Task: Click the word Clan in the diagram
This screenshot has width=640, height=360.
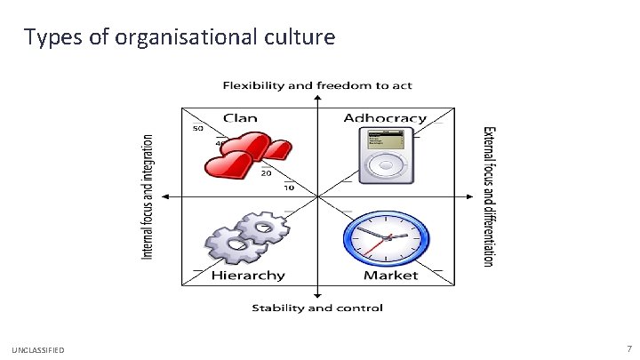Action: point(240,117)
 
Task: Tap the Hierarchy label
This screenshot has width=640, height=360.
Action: point(248,276)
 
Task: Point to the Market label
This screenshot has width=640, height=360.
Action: point(390,276)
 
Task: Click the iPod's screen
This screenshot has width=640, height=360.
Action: point(384,139)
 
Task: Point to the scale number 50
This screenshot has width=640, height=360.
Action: point(196,127)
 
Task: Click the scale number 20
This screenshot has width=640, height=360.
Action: point(266,173)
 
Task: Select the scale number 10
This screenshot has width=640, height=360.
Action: point(289,188)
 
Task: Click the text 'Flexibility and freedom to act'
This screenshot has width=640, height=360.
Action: point(317,86)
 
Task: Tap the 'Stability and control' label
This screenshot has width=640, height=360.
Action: point(317,308)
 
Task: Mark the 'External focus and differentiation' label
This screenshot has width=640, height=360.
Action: point(488,196)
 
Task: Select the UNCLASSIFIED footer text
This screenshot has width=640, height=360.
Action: point(38,351)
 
